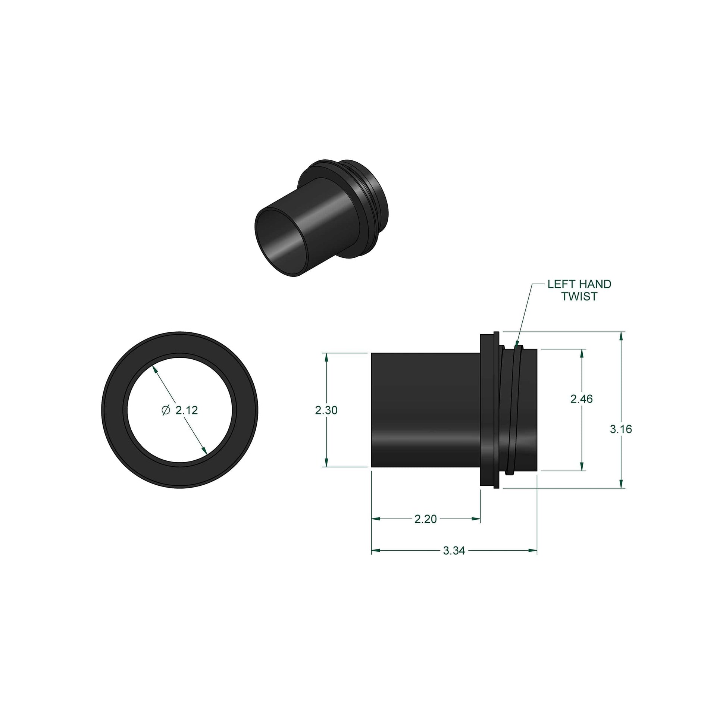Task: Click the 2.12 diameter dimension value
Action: (187, 410)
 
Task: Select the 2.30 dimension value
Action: (326, 410)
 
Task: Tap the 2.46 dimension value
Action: (581, 399)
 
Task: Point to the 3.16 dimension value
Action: (621, 429)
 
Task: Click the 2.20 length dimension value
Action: (425, 519)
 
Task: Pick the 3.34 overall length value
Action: (454, 551)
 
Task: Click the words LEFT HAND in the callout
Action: (579, 284)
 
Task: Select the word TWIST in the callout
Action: (579, 297)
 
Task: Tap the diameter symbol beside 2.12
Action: (166, 410)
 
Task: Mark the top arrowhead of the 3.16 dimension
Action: (621, 336)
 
